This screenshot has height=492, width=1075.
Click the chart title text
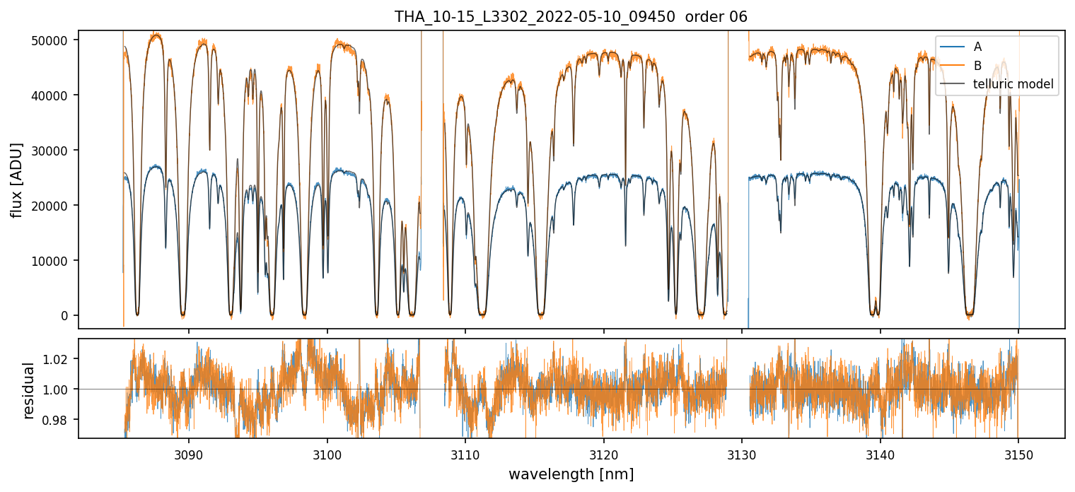571,17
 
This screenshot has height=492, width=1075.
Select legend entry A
977,47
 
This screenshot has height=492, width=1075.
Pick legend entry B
977,66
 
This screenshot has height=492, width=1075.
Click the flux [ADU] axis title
16,180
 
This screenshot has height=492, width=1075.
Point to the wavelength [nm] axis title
571,474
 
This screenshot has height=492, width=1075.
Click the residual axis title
28,389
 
